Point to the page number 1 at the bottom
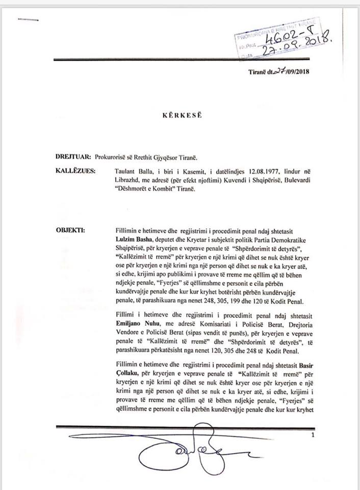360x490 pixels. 313,434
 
